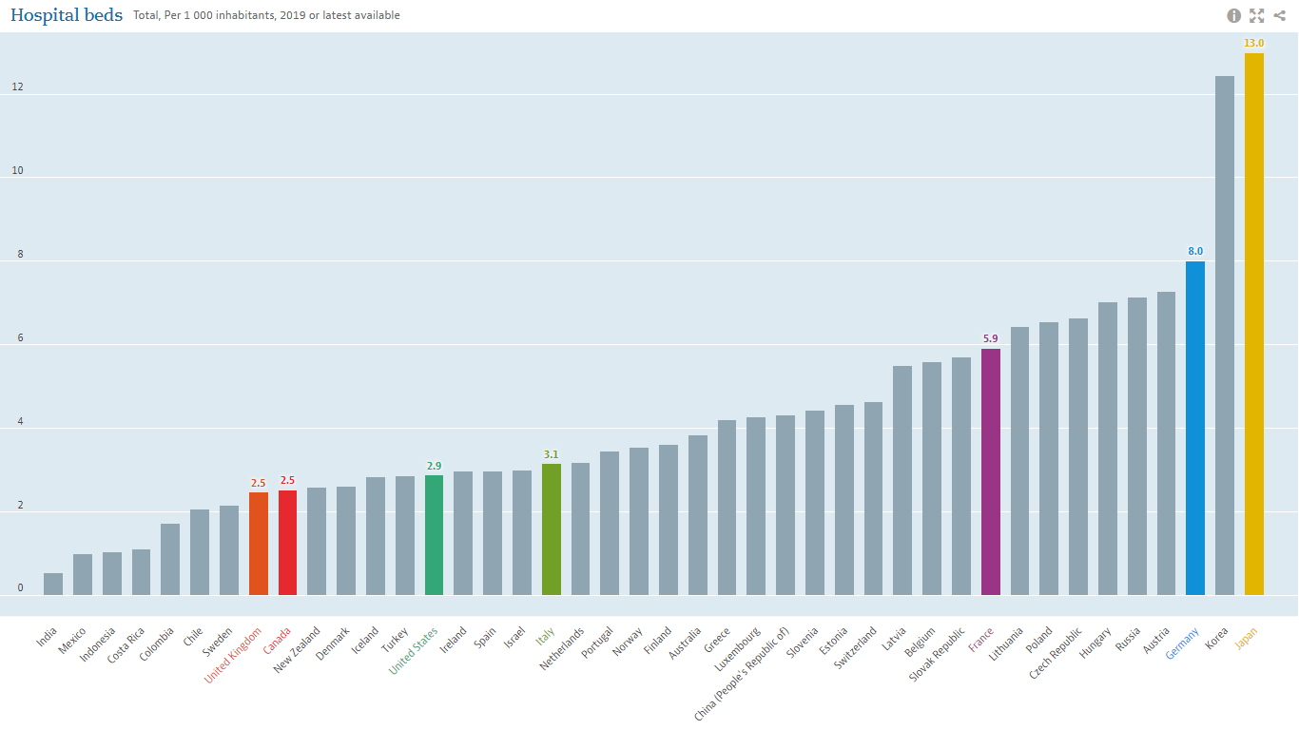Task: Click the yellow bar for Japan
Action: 1254,323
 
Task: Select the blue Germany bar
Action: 1195,428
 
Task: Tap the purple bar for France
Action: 991,471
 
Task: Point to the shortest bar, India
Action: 53,585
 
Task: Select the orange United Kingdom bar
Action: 259,544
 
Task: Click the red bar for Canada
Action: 287,543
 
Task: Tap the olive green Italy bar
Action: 552,529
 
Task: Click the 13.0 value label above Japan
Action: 1254,44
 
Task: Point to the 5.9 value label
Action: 991,338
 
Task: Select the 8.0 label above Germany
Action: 1195,251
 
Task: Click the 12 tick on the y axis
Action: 17,87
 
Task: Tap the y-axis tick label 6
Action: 19,338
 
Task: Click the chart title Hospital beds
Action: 67,15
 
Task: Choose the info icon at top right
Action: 1234,15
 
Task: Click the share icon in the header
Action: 1280,15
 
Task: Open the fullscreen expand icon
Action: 1257,15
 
